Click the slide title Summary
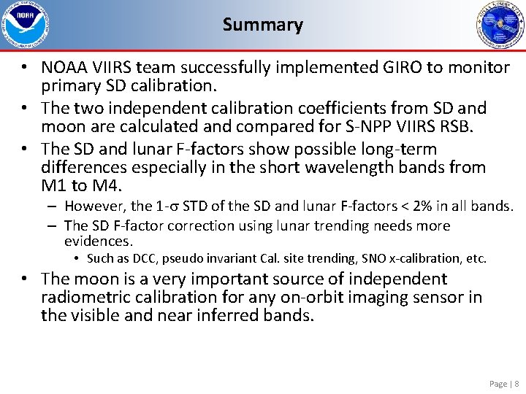pos(262,25)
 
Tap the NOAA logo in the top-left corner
pos(24,26)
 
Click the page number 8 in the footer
pos(517,384)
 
